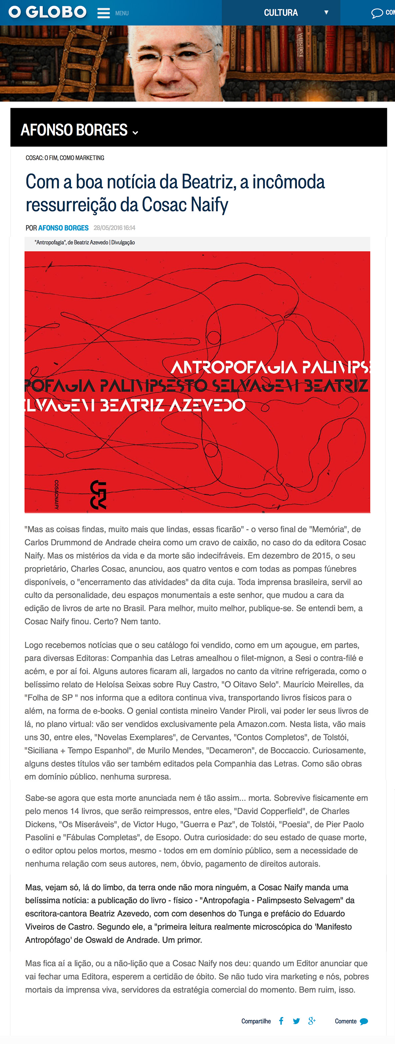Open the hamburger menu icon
[x=104, y=13]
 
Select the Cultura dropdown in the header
[x=296, y=13]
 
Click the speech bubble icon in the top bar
[x=377, y=13]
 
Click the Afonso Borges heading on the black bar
[x=74, y=130]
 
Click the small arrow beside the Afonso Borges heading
[x=135, y=132]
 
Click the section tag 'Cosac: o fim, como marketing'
[x=65, y=158]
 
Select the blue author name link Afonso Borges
[x=63, y=228]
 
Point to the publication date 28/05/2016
[x=114, y=228]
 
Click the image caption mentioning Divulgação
[x=85, y=242]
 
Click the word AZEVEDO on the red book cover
[x=207, y=405]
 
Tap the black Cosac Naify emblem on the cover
[x=98, y=494]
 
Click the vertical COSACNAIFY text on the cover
[x=57, y=494]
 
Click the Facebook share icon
[x=281, y=1021]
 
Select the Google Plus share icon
[x=312, y=1021]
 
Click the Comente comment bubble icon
[x=364, y=1021]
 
